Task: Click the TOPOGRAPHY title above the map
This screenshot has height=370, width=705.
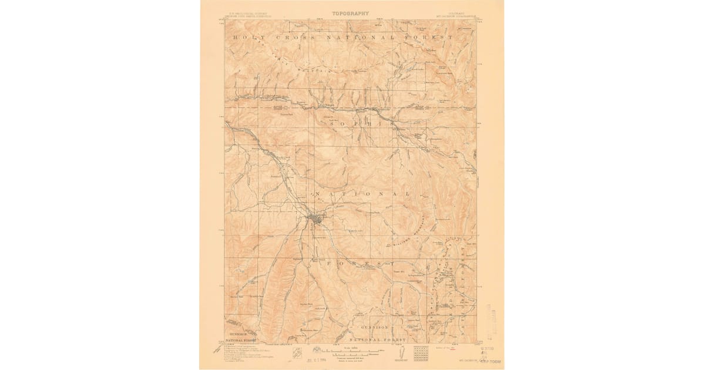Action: [350, 13]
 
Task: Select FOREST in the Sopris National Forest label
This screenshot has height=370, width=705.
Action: [359, 264]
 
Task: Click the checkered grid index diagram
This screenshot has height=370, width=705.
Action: [422, 353]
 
